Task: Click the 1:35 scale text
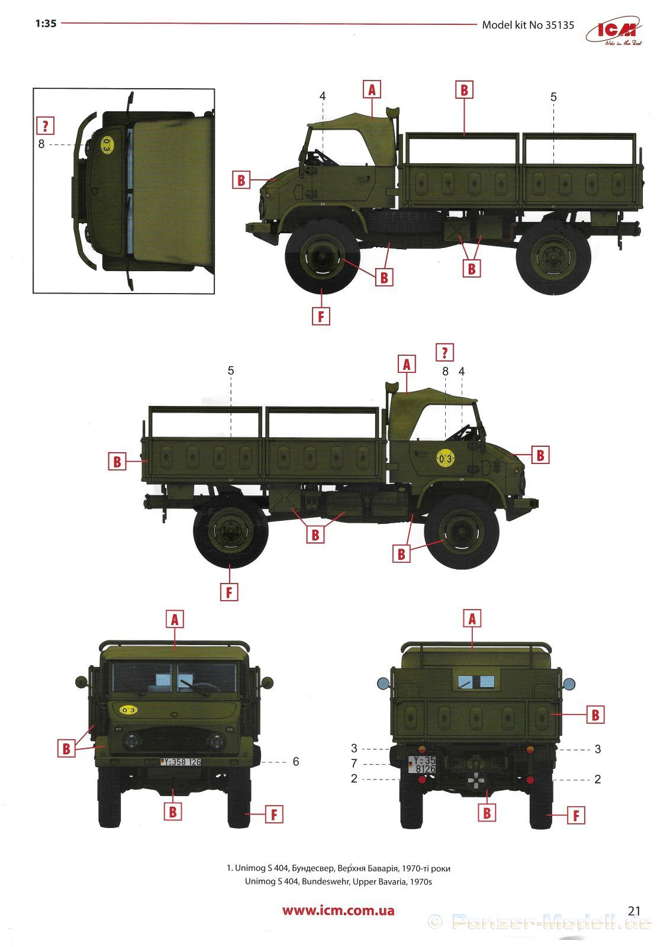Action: [46, 24]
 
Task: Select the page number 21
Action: [634, 911]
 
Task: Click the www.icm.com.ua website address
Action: [338, 911]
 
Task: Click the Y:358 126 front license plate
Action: [181, 762]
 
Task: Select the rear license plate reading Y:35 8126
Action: [422, 764]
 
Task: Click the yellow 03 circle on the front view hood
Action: [128, 710]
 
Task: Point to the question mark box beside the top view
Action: [45, 125]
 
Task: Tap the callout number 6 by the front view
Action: [296, 762]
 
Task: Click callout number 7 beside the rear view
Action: [354, 764]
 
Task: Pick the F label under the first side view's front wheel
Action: [321, 316]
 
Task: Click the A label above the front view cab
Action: [175, 620]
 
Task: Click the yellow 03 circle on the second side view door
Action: [446, 458]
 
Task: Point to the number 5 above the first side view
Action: [553, 97]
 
